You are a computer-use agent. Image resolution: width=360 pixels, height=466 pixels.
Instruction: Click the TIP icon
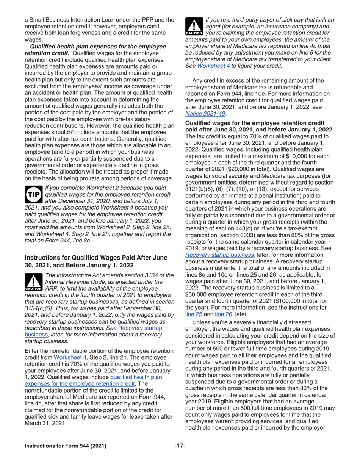[x=33, y=193]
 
